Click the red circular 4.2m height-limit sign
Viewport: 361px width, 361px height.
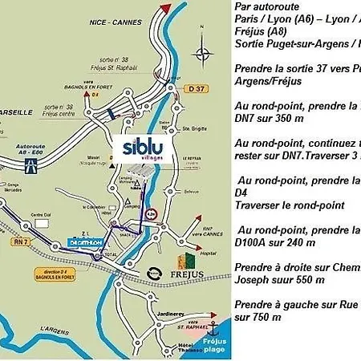pyautogui.click(x=151, y=214)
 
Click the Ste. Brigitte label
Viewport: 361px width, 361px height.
pyautogui.click(x=191, y=127)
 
